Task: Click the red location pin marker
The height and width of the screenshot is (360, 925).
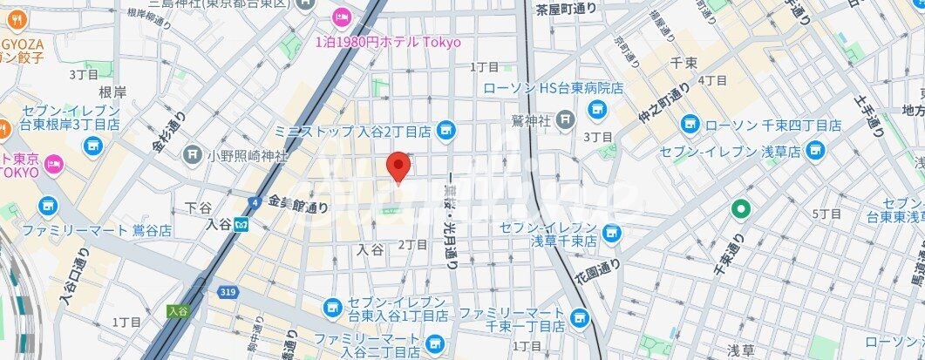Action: click(398, 166)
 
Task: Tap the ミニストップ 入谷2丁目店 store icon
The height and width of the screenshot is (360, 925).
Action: click(446, 131)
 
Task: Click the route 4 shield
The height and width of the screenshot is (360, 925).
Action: click(254, 202)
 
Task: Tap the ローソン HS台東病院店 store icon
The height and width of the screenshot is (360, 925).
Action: click(597, 109)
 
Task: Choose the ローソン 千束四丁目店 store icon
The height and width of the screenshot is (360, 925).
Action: click(690, 125)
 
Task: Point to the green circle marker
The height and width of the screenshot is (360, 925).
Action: click(741, 209)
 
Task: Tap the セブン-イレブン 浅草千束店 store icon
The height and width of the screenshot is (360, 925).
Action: click(613, 233)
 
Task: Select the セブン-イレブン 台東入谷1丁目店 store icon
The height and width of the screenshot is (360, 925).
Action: click(331, 307)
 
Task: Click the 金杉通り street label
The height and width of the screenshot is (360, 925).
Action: click(172, 129)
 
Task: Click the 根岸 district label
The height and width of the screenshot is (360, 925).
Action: click(113, 92)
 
